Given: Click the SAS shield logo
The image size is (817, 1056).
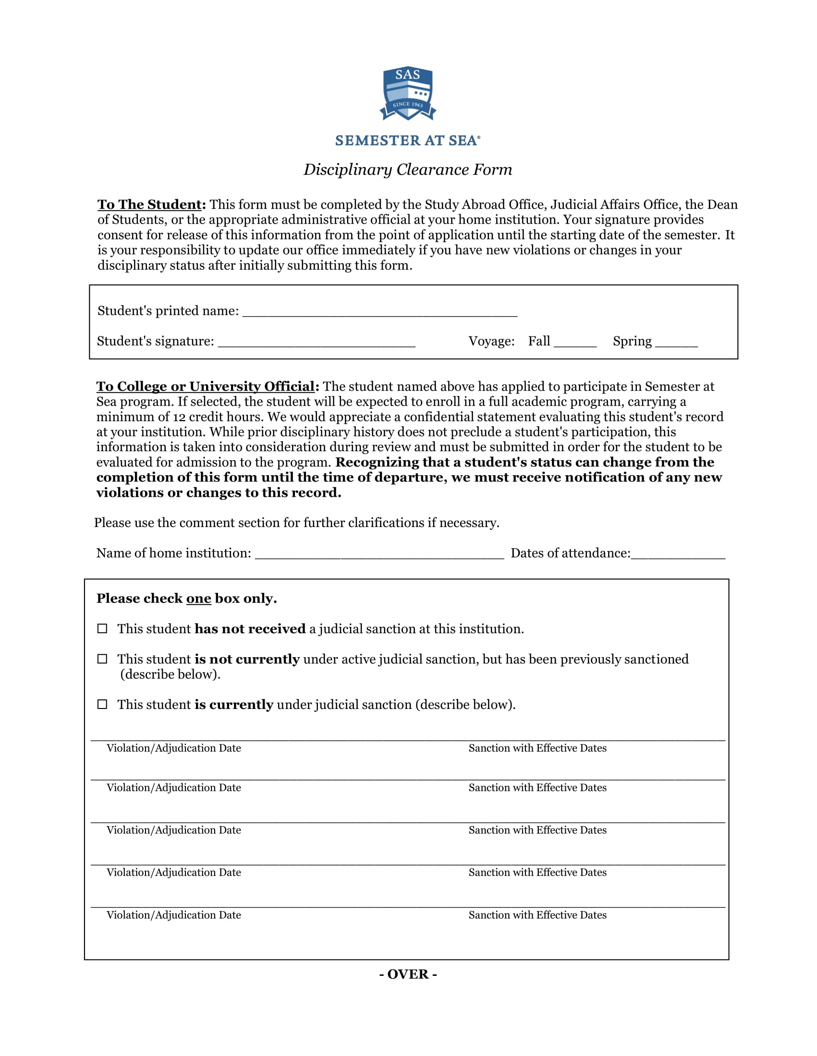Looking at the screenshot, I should [x=408, y=93].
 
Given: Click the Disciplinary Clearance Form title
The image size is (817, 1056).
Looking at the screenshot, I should [x=408, y=170].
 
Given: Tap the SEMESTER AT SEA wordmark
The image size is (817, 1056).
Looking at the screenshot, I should [x=407, y=141].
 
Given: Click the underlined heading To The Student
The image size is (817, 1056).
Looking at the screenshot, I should [x=149, y=204].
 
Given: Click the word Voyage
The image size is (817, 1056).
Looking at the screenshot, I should [x=491, y=341].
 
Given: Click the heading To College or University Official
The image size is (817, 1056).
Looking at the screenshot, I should [x=206, y=386].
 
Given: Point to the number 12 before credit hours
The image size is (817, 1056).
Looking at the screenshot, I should [x=179, y=417].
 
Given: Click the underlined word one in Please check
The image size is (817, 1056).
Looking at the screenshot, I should [x=199, y=599].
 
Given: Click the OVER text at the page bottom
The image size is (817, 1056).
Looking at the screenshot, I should [x=408, y=974].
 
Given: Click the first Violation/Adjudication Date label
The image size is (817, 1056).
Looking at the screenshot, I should [x=174, y=748].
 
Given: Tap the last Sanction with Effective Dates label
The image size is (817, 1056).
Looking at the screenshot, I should [x=537, y=915].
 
